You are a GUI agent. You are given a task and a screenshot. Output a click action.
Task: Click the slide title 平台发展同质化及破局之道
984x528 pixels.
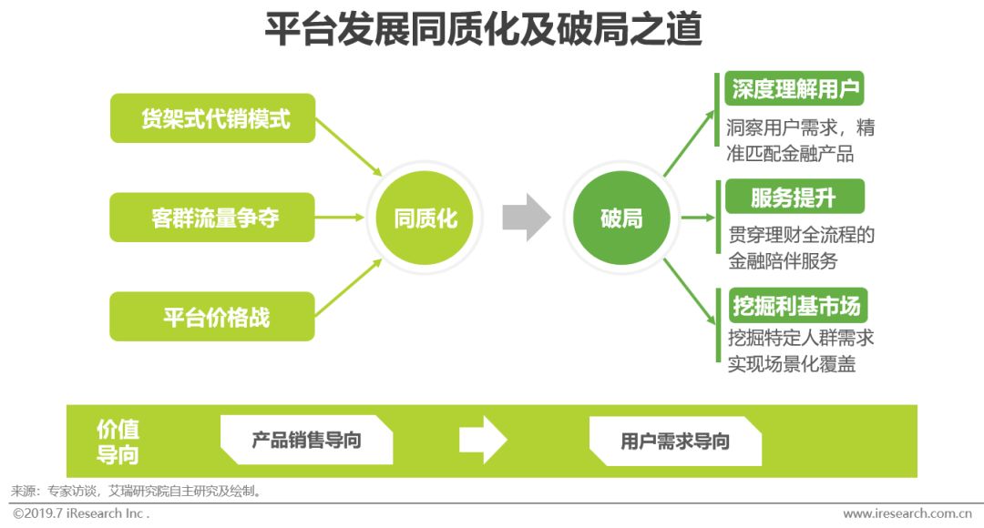pos(483,30)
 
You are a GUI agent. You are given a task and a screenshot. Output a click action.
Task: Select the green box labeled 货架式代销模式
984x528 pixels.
pos(212,118)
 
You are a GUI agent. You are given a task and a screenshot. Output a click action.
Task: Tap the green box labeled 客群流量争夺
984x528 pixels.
pos(212,218)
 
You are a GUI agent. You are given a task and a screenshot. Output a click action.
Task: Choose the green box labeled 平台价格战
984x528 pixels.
pos(212,318)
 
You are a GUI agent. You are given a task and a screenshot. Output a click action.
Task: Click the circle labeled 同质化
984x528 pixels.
pos(425,218)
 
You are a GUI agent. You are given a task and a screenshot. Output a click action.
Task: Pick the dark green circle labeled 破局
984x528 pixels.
pos(621,218)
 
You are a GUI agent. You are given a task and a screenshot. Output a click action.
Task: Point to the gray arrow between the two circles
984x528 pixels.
pos(527,218)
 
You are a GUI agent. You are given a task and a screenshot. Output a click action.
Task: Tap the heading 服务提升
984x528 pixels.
pos(793,197)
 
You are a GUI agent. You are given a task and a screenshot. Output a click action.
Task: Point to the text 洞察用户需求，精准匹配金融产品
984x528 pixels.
pos(801,140)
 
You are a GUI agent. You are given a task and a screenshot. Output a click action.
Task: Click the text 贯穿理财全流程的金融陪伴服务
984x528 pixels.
pos(801,248)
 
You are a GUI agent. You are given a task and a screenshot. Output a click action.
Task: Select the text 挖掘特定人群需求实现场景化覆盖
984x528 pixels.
pos(801,350)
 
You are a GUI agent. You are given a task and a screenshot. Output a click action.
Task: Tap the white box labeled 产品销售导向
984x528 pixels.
pos(306,441)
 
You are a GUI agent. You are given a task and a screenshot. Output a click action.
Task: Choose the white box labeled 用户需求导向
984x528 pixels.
pos(675,442)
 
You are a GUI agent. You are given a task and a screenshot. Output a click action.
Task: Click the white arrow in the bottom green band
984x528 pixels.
pos(482,441)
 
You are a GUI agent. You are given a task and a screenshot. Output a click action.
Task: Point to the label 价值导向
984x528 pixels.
pos(118,442)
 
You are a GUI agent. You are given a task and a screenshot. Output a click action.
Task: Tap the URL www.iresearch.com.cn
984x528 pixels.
pos(907,513)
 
